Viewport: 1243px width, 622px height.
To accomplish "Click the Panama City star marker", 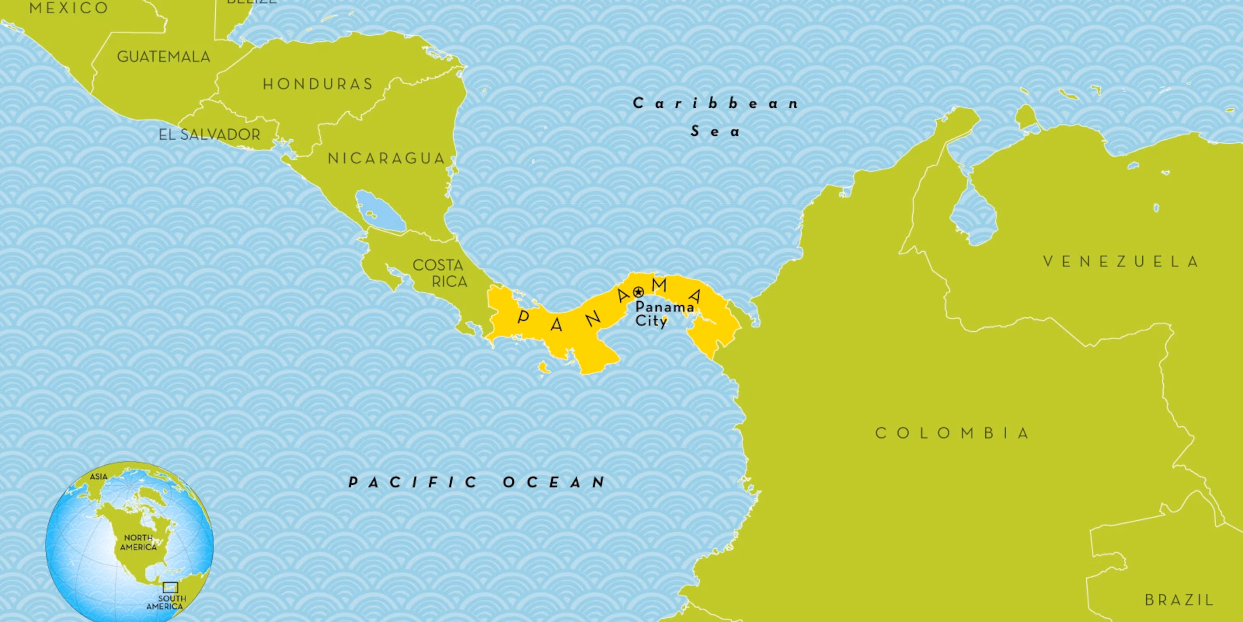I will (638, 292).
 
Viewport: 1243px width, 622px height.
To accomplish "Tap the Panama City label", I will (664, 313).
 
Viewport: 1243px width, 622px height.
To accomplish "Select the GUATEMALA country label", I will (163, 57).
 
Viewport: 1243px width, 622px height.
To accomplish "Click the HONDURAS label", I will (318, 85).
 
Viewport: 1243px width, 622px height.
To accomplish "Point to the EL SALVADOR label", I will (210, 135).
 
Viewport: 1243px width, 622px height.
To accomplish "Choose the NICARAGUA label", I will (386, 158).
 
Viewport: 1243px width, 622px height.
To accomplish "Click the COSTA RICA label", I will (439, 273).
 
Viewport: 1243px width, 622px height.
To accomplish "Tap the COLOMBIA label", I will (952, 433).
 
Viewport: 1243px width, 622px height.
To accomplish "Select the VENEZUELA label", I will (1121, 262).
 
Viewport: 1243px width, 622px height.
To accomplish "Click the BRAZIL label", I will (1179, 600).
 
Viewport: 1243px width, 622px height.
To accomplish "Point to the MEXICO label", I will (68, 8).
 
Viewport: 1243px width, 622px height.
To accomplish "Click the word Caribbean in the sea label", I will (715, 103).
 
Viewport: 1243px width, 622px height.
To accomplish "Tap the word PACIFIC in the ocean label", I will (413, 482).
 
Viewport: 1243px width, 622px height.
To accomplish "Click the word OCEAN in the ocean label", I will (554, 482).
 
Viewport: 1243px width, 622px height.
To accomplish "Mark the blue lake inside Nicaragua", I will (380, 211).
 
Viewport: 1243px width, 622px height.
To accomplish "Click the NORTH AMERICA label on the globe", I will (138, 542).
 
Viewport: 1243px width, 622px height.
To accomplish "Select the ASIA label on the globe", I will (99, 477).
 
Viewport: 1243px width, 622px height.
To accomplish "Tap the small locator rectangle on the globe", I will (170, 587).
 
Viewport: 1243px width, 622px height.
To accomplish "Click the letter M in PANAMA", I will (659, 286).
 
